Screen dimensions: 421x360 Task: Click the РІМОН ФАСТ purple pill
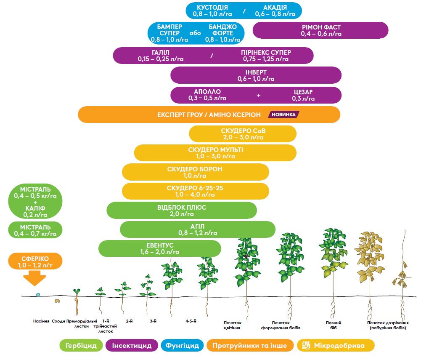coord(320,30)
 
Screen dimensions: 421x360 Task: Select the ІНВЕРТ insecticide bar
coord(256,75)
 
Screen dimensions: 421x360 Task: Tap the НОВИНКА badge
coord(283,115)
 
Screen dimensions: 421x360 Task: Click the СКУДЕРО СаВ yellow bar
coord(243,134)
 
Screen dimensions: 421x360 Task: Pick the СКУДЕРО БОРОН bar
coord(196,172)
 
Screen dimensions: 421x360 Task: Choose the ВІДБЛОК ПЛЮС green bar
coord(182,211)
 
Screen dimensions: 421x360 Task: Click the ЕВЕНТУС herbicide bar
coord(160,249)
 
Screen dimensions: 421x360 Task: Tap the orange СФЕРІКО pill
coord(35,261)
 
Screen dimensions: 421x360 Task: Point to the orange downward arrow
coord(34,278)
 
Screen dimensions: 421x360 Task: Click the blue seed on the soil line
coord(38,295)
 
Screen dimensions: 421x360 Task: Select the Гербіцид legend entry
coord(81,346)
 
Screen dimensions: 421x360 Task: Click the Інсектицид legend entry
coord(132,346)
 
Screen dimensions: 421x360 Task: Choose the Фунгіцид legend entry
coord(182,346)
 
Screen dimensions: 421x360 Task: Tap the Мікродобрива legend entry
coord(336,346)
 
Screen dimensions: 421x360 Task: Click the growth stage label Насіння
coord(41,321)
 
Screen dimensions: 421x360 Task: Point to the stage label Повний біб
coord(334,325)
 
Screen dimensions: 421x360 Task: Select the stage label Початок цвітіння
coord(233,325)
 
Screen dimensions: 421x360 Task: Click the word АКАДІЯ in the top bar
coord(275,8)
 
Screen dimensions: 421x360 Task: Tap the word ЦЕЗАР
coord(303,92)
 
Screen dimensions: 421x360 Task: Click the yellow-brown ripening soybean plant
coord(370,272)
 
